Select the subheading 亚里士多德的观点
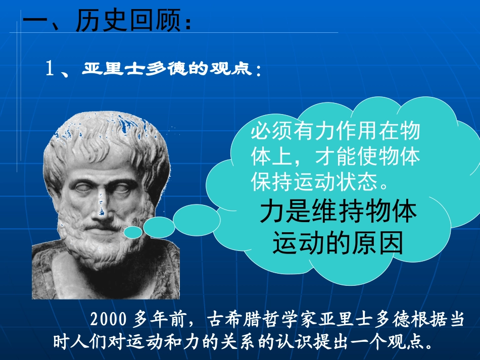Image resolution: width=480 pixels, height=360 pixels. pos(166,69)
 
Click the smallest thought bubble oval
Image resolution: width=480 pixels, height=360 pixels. pos(133,232)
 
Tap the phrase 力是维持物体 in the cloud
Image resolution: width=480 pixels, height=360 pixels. pos(339,213)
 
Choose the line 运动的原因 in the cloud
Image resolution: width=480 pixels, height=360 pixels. pos(338,244)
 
